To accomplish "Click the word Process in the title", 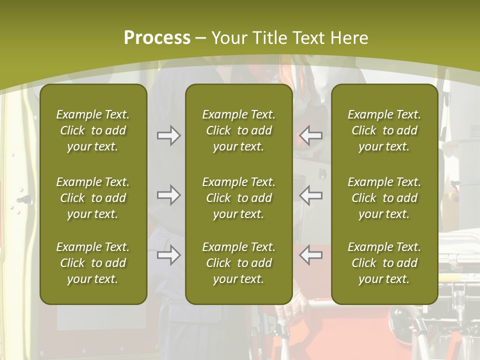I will [157, 37].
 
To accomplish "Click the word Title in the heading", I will [267, 37].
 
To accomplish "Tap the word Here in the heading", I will [349, 37].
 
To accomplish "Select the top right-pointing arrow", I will [168, 135].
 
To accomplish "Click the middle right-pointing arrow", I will [168, 195].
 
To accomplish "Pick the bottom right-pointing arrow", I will [168, 255].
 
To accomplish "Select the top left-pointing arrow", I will [310, 135].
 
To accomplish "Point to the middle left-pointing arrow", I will [310, 195].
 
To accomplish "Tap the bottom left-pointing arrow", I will [310, 255].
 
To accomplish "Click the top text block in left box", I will [93, 130].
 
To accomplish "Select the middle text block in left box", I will [93, 198].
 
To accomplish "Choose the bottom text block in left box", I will [93, 263].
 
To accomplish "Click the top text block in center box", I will [238, 130].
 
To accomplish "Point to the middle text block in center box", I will [238, 198].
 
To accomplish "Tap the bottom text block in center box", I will [238, 263].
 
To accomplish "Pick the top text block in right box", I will [384, 130].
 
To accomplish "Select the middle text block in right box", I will [384, 198].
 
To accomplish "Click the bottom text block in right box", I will [384, 263].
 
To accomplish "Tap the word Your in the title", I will [228, 37].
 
